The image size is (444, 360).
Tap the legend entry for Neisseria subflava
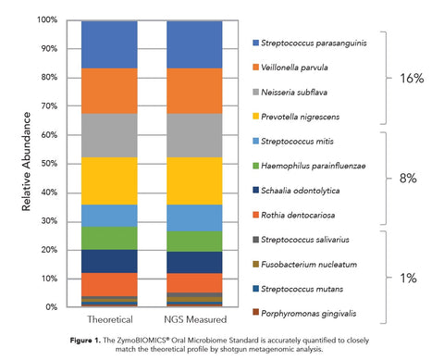[x=302, y=93]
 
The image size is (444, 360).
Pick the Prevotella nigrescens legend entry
[x=307, y=117]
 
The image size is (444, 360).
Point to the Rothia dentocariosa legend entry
[x=305, y=215]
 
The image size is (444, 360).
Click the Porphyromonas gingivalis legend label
[x=316, y=313]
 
